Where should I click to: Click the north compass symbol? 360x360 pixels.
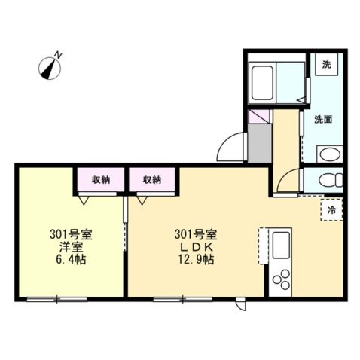(50, 68)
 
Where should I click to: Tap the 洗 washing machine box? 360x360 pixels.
(327, 65)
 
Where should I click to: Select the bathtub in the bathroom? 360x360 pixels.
(264, 80)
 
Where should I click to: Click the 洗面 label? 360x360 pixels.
(324, 118)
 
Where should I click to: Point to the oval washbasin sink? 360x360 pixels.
(329, 156)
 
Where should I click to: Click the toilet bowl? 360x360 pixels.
(330, 181)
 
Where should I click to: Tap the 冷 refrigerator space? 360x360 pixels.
(331, 210)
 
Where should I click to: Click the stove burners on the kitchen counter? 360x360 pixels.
(282, 281)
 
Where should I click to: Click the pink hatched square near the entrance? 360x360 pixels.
(259, 118)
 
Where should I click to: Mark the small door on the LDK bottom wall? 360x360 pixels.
(240, 305)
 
